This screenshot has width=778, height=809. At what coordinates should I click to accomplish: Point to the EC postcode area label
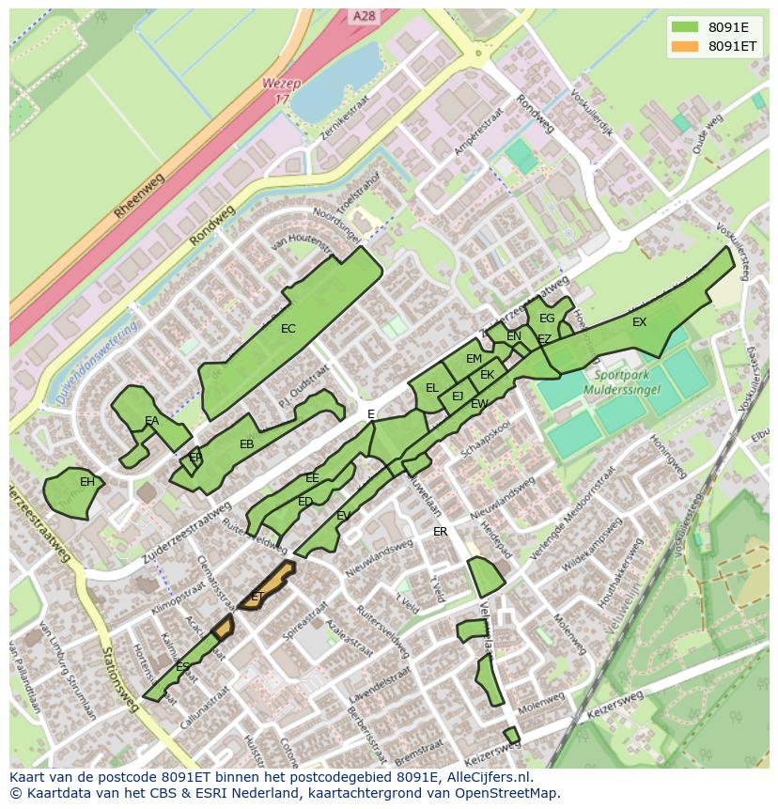[288, 329]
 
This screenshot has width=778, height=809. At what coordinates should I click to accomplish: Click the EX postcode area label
[639, 322]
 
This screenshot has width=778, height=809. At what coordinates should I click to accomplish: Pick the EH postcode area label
[86, 482]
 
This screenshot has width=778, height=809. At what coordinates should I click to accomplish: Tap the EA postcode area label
[151, 421]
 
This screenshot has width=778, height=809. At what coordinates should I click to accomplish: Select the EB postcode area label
[246, 444]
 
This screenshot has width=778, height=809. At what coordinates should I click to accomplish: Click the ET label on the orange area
[257, 597]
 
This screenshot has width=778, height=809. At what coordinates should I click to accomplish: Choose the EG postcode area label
[547, 319]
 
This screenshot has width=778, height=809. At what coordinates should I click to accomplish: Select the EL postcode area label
[432, 387]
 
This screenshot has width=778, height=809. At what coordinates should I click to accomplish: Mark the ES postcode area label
[182, 666]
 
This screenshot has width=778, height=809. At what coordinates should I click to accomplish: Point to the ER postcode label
[440, 532]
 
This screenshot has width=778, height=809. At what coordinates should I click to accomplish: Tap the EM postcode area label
[474, 359]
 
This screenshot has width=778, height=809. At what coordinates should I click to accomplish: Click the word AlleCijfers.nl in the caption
[488, 777]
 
